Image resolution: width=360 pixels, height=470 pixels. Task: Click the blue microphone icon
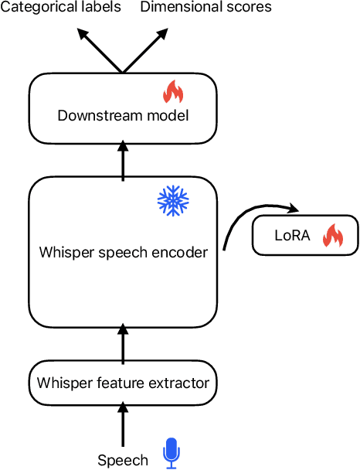click(171, 454)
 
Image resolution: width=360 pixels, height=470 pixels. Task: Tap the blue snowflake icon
click(172, 199)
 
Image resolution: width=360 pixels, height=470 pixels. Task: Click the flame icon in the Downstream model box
click(172, 93)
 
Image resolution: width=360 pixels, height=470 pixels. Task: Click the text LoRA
click(292, 236)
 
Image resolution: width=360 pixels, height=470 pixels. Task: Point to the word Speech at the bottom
click(123, 460)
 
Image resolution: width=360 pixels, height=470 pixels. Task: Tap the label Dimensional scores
click(205, 8)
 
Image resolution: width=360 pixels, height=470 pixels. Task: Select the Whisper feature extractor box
click(123, 382)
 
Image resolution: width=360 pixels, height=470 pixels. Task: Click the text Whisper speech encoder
click(124, 253)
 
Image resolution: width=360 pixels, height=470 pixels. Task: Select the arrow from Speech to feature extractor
click(123, 424)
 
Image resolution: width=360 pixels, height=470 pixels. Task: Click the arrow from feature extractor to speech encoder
click(123, 342)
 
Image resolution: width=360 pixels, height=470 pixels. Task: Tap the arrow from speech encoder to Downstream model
click(123, 160)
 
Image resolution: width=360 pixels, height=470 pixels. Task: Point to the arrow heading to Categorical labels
click(100, 51)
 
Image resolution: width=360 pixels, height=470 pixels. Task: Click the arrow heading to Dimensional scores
click(144, 51)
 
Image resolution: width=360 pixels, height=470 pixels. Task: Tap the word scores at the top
click(252, 8)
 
